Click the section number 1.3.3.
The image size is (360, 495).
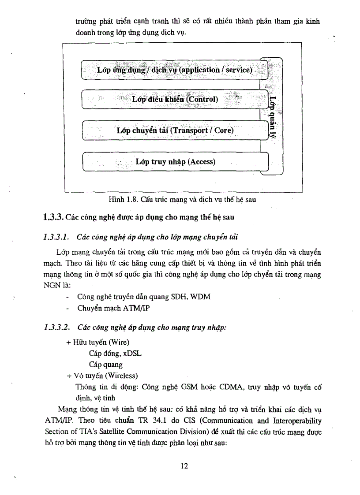pos(54,216)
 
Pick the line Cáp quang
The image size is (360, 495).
pos(106,365)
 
